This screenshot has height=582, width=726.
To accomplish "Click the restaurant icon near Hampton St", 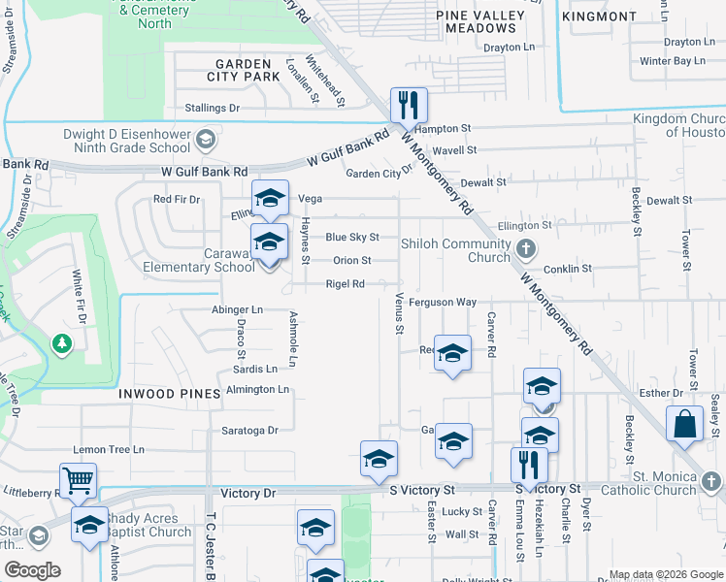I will (x=409, y=104).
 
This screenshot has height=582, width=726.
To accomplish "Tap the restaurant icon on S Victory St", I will (x=529, y=464).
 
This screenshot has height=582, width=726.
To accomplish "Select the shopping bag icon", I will (x=684, y=423).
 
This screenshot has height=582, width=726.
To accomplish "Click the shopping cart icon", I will (x=78, y=478).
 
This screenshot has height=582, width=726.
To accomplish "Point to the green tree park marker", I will (x=62, y=343).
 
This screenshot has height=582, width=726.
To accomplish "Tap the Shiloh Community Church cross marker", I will (x=526, y=248).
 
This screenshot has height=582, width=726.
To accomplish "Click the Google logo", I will (x=32, y=570).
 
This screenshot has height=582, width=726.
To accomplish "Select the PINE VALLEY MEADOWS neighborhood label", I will (x=479, y=21).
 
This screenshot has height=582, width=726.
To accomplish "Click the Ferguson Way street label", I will (x=443, y=303).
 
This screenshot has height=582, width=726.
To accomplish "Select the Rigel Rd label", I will (x=345, y=284).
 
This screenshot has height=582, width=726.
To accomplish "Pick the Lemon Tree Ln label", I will (x=109, y=450).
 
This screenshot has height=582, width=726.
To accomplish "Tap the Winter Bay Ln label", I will (x=672, y=61).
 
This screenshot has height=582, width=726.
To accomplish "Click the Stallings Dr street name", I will (x=207, y=109).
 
